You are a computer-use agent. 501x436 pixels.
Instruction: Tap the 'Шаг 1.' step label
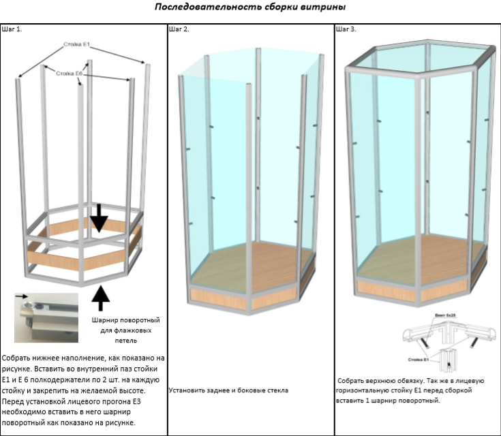pyautogui.click(x=12, y=29)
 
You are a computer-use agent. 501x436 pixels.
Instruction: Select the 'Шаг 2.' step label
pyautogui.click(x=179, y=29)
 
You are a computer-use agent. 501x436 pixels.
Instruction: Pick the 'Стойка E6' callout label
pyautogui.click(x=69, y=73)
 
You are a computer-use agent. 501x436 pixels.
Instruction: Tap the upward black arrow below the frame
pyautogui.click(x=100, y=298)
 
